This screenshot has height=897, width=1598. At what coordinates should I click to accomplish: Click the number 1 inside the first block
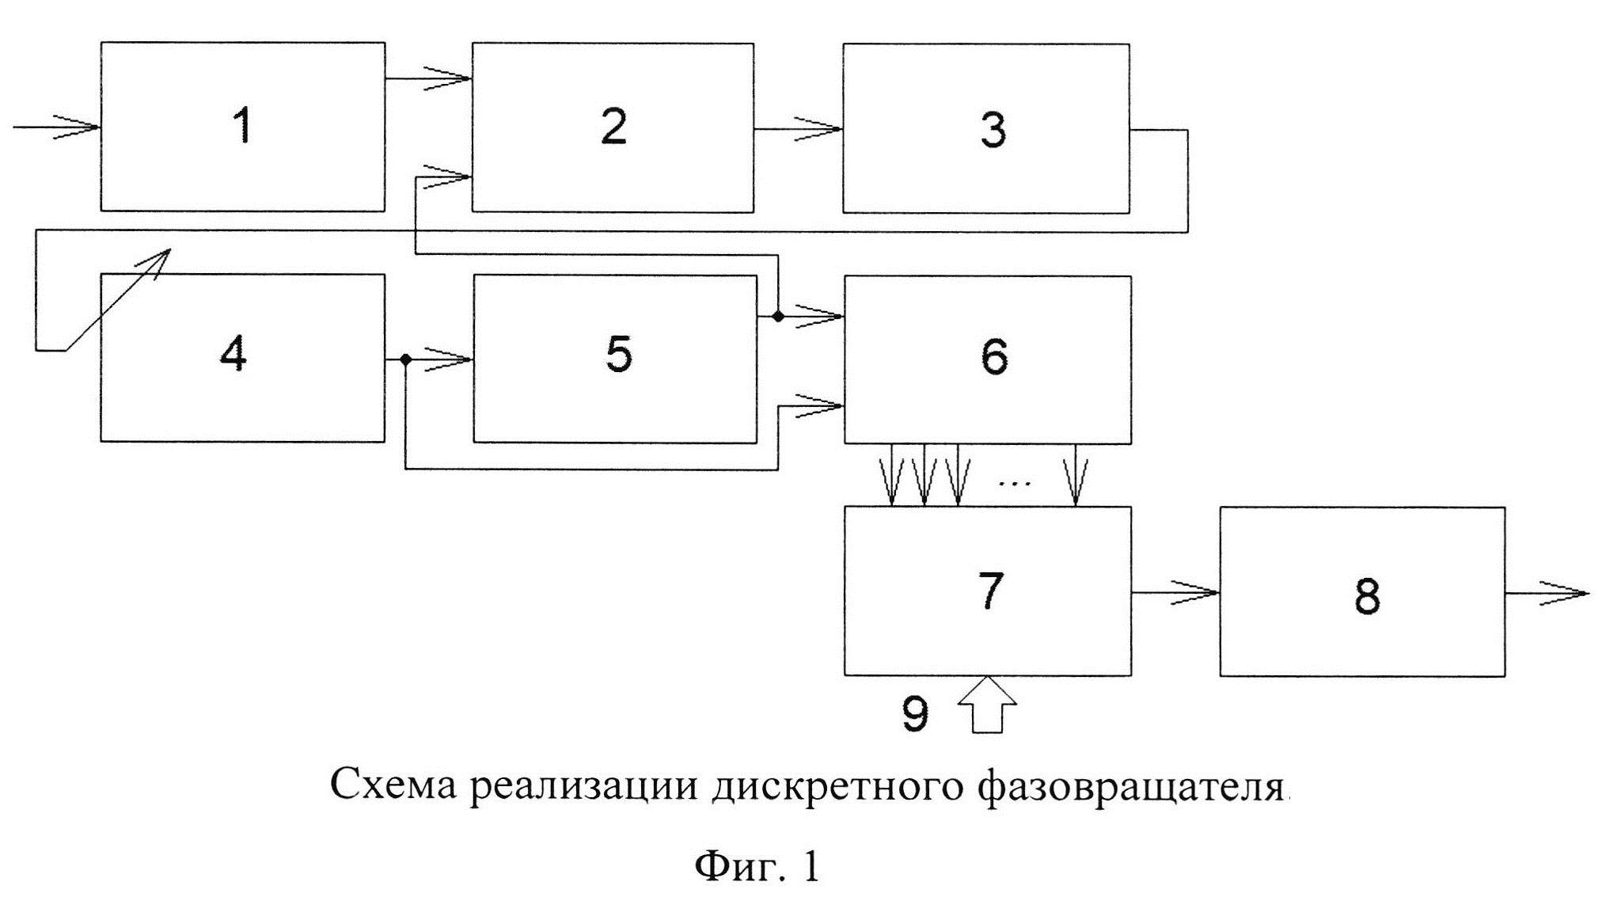[x=243, y=127]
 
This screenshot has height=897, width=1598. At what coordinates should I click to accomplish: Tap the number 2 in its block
[x=613, y=127]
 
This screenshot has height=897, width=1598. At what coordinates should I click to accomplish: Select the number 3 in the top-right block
[x=993, y=130]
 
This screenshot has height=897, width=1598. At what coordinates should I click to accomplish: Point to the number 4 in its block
[x=233, y=354]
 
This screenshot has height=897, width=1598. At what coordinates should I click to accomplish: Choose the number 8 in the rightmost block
[x=1367, y=595]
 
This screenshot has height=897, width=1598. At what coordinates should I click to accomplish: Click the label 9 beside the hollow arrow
[x=915, y=714]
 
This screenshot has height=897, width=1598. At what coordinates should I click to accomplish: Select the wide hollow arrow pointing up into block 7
[x=987, y=705]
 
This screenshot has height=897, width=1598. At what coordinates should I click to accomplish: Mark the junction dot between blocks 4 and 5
[x=405, y=360]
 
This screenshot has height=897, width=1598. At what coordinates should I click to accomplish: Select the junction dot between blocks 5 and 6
[x=778, y=317]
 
